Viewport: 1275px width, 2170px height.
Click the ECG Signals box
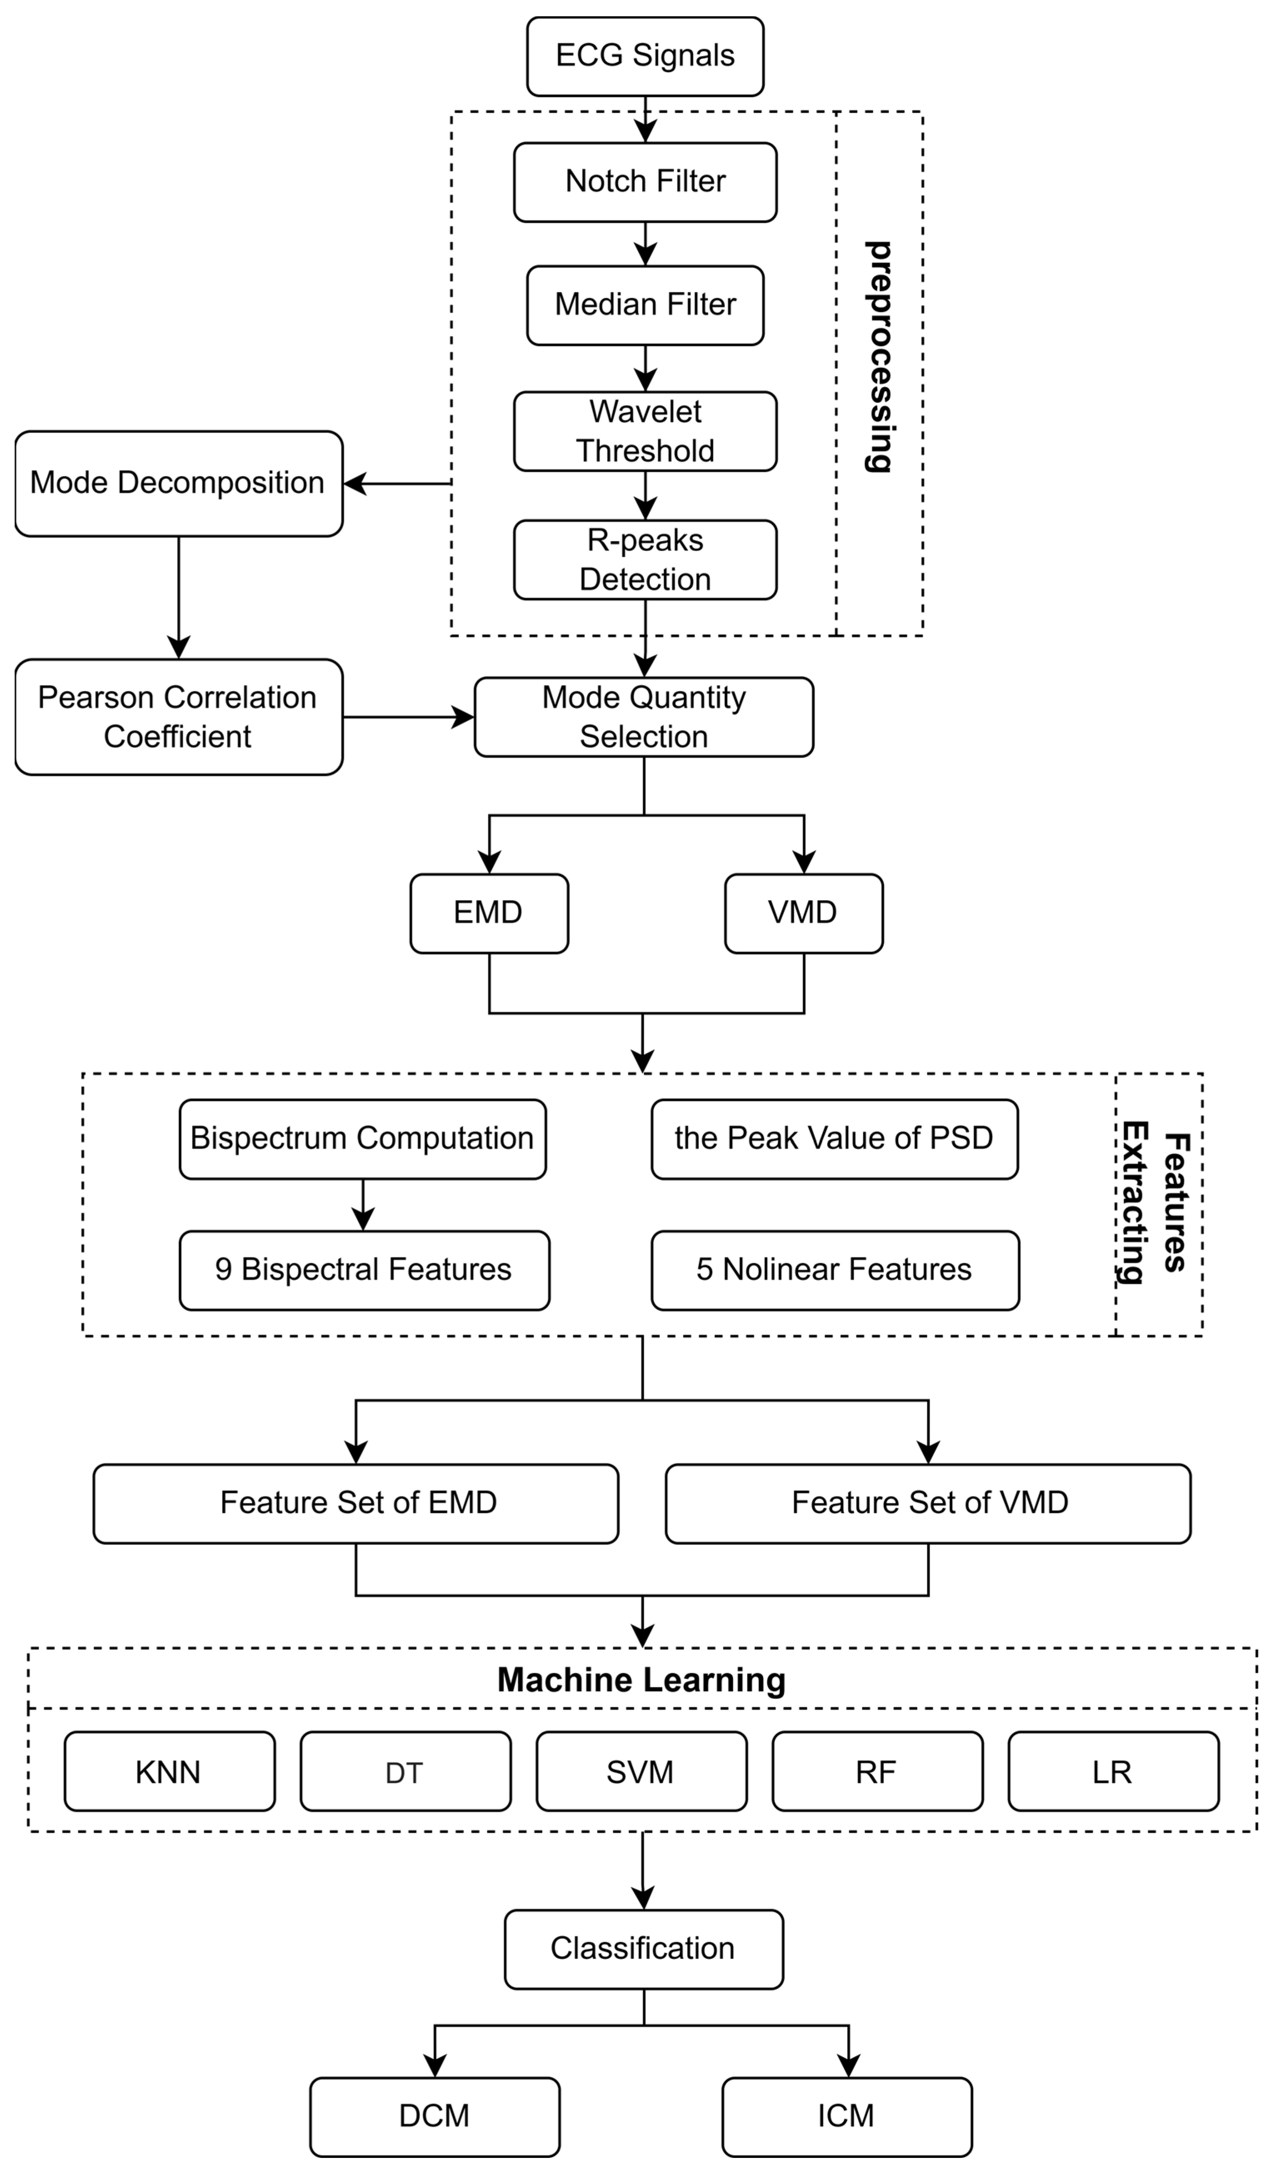[645, 56]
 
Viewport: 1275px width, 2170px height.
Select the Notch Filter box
[645, 182]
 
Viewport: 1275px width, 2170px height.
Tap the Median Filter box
[645, 305]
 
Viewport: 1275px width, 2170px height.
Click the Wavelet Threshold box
[645, 432]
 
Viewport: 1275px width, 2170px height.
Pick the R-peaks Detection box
[645, 560]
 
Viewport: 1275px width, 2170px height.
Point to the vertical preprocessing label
[878, 357]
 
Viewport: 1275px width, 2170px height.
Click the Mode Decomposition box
[178, 483]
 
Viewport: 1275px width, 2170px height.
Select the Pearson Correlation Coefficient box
[178, 716]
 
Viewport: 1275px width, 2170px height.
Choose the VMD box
[803, 913]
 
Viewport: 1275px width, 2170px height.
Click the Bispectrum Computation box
[362, 1138]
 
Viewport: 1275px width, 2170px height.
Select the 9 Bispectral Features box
[364, 1270]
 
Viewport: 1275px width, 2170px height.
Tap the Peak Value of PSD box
[834, 1138]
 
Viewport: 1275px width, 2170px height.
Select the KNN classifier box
[169, 1772]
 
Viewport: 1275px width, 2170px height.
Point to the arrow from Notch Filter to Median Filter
[645, 244]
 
